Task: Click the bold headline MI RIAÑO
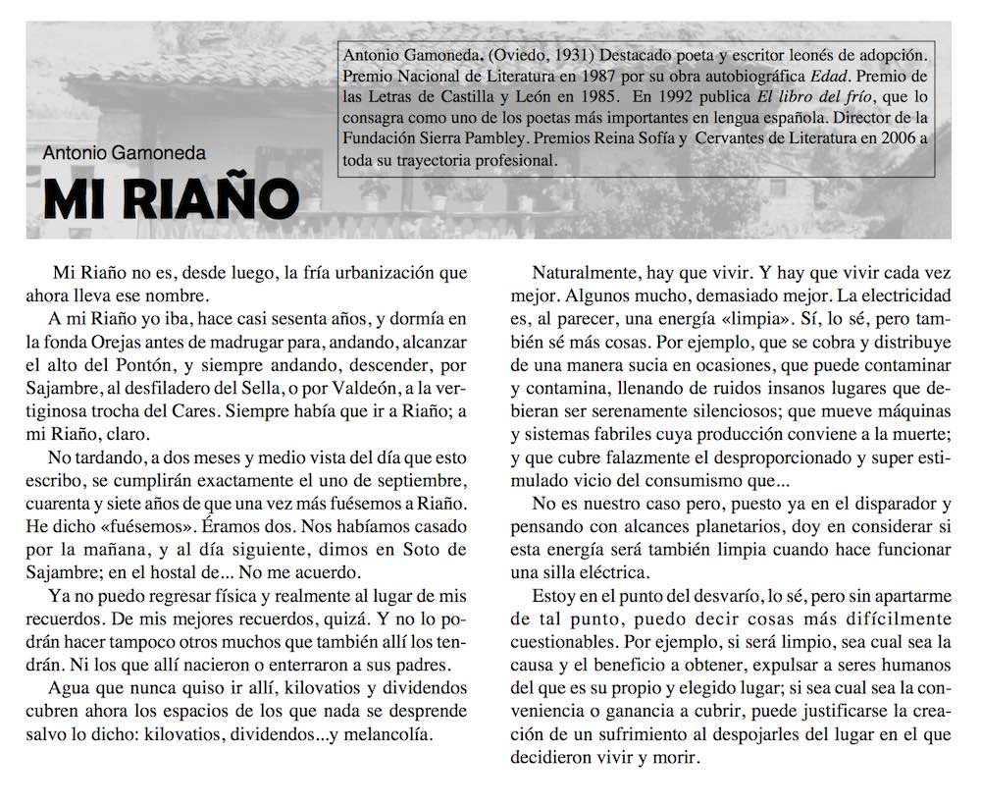[171, 200]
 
